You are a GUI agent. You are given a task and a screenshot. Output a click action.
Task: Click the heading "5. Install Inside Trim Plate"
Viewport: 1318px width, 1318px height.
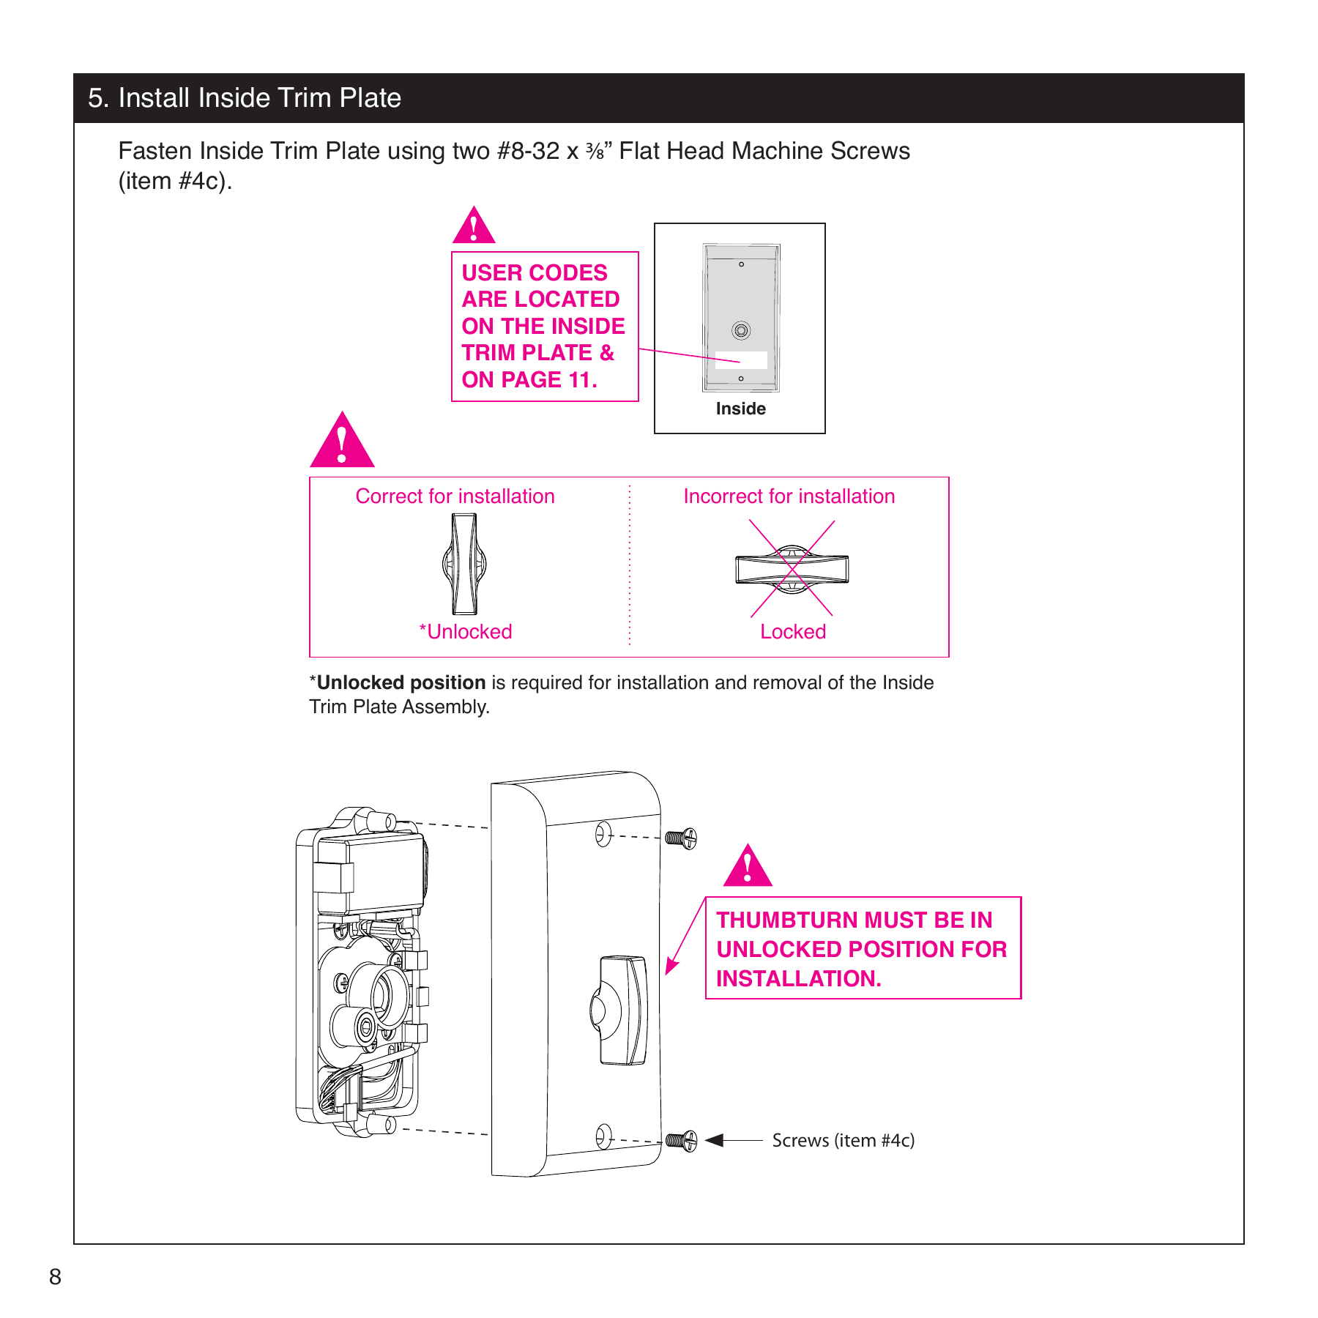(245, 98)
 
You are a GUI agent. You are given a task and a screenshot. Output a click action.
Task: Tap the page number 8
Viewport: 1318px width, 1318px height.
(55, 1276)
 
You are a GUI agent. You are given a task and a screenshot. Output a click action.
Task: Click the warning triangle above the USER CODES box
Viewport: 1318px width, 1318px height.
(474, 227)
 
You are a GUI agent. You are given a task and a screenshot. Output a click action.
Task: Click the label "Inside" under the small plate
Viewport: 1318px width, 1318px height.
(740, 409)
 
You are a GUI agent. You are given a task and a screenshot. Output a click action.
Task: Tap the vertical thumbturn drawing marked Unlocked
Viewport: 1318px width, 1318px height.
(464, 564)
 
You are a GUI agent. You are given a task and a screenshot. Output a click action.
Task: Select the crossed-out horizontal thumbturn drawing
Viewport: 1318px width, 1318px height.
(792, 569)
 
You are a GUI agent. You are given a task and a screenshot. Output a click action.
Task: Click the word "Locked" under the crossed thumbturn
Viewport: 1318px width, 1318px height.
(793, 631)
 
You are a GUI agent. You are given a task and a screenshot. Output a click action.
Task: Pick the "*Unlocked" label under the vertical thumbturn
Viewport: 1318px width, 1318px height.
(465, 631)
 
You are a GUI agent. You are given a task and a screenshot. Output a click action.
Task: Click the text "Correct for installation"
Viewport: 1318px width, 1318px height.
(455, 496)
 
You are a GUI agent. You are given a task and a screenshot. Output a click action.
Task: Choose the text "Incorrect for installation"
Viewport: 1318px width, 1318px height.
(789, 496)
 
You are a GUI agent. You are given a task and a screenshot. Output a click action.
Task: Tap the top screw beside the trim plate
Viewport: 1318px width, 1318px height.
(681, 838)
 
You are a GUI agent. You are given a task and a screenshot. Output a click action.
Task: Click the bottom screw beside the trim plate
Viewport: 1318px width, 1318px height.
(681, 1140)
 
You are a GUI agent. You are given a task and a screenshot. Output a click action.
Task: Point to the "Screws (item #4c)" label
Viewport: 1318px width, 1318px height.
(843, 1140)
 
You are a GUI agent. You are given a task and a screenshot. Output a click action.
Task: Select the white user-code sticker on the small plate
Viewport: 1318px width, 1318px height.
(741, 360)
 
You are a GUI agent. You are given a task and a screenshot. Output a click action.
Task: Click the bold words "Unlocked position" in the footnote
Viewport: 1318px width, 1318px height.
(401, 682)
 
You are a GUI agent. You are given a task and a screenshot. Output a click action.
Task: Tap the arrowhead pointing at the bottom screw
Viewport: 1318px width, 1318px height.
(715, 1140)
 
